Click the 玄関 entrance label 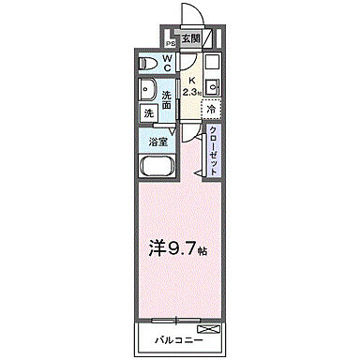190,38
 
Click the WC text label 167,62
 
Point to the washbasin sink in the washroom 147,91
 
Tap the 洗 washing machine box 148,113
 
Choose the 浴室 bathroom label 158,142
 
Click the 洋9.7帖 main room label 178,250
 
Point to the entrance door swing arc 187,14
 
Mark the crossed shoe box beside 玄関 212,39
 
